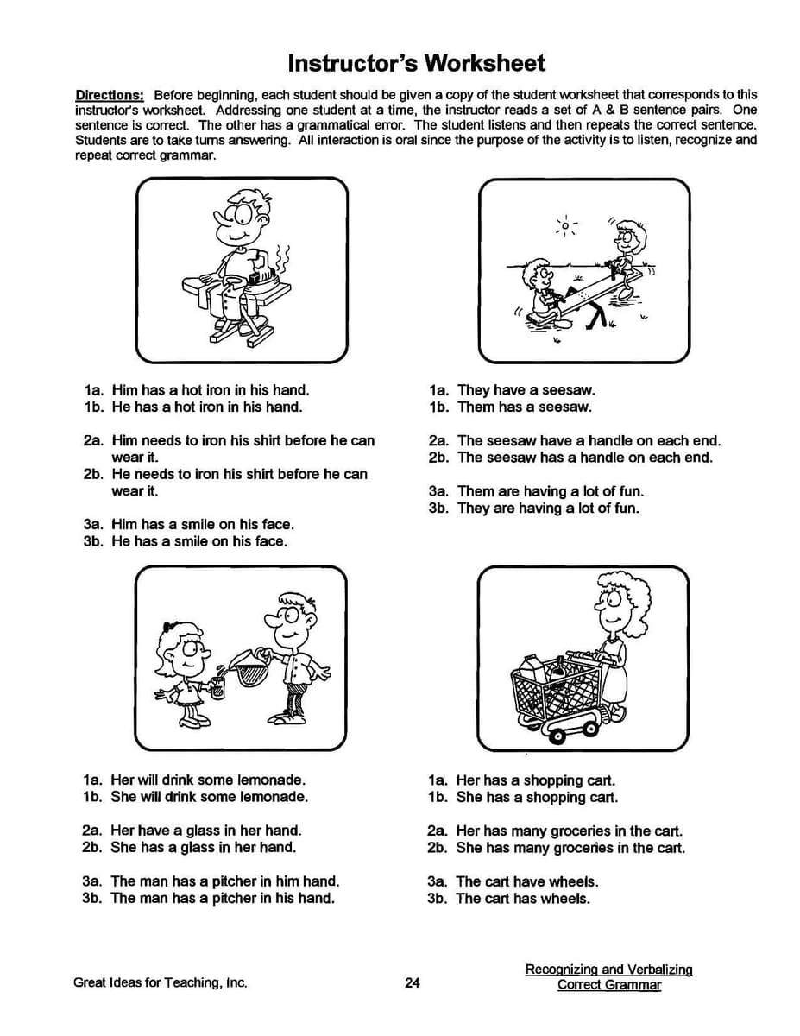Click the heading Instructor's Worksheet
(416, 63)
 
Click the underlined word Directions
(109, 95)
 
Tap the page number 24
(412, 982)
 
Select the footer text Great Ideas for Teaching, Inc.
(161, 982)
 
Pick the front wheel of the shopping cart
(557, 736)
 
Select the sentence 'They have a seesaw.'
(526, 390)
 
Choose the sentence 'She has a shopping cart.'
(537, 798)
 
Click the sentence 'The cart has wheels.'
(523, 899)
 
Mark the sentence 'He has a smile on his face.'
(199, 541)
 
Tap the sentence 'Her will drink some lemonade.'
(208, 780)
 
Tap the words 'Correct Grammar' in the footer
(608, 985)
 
